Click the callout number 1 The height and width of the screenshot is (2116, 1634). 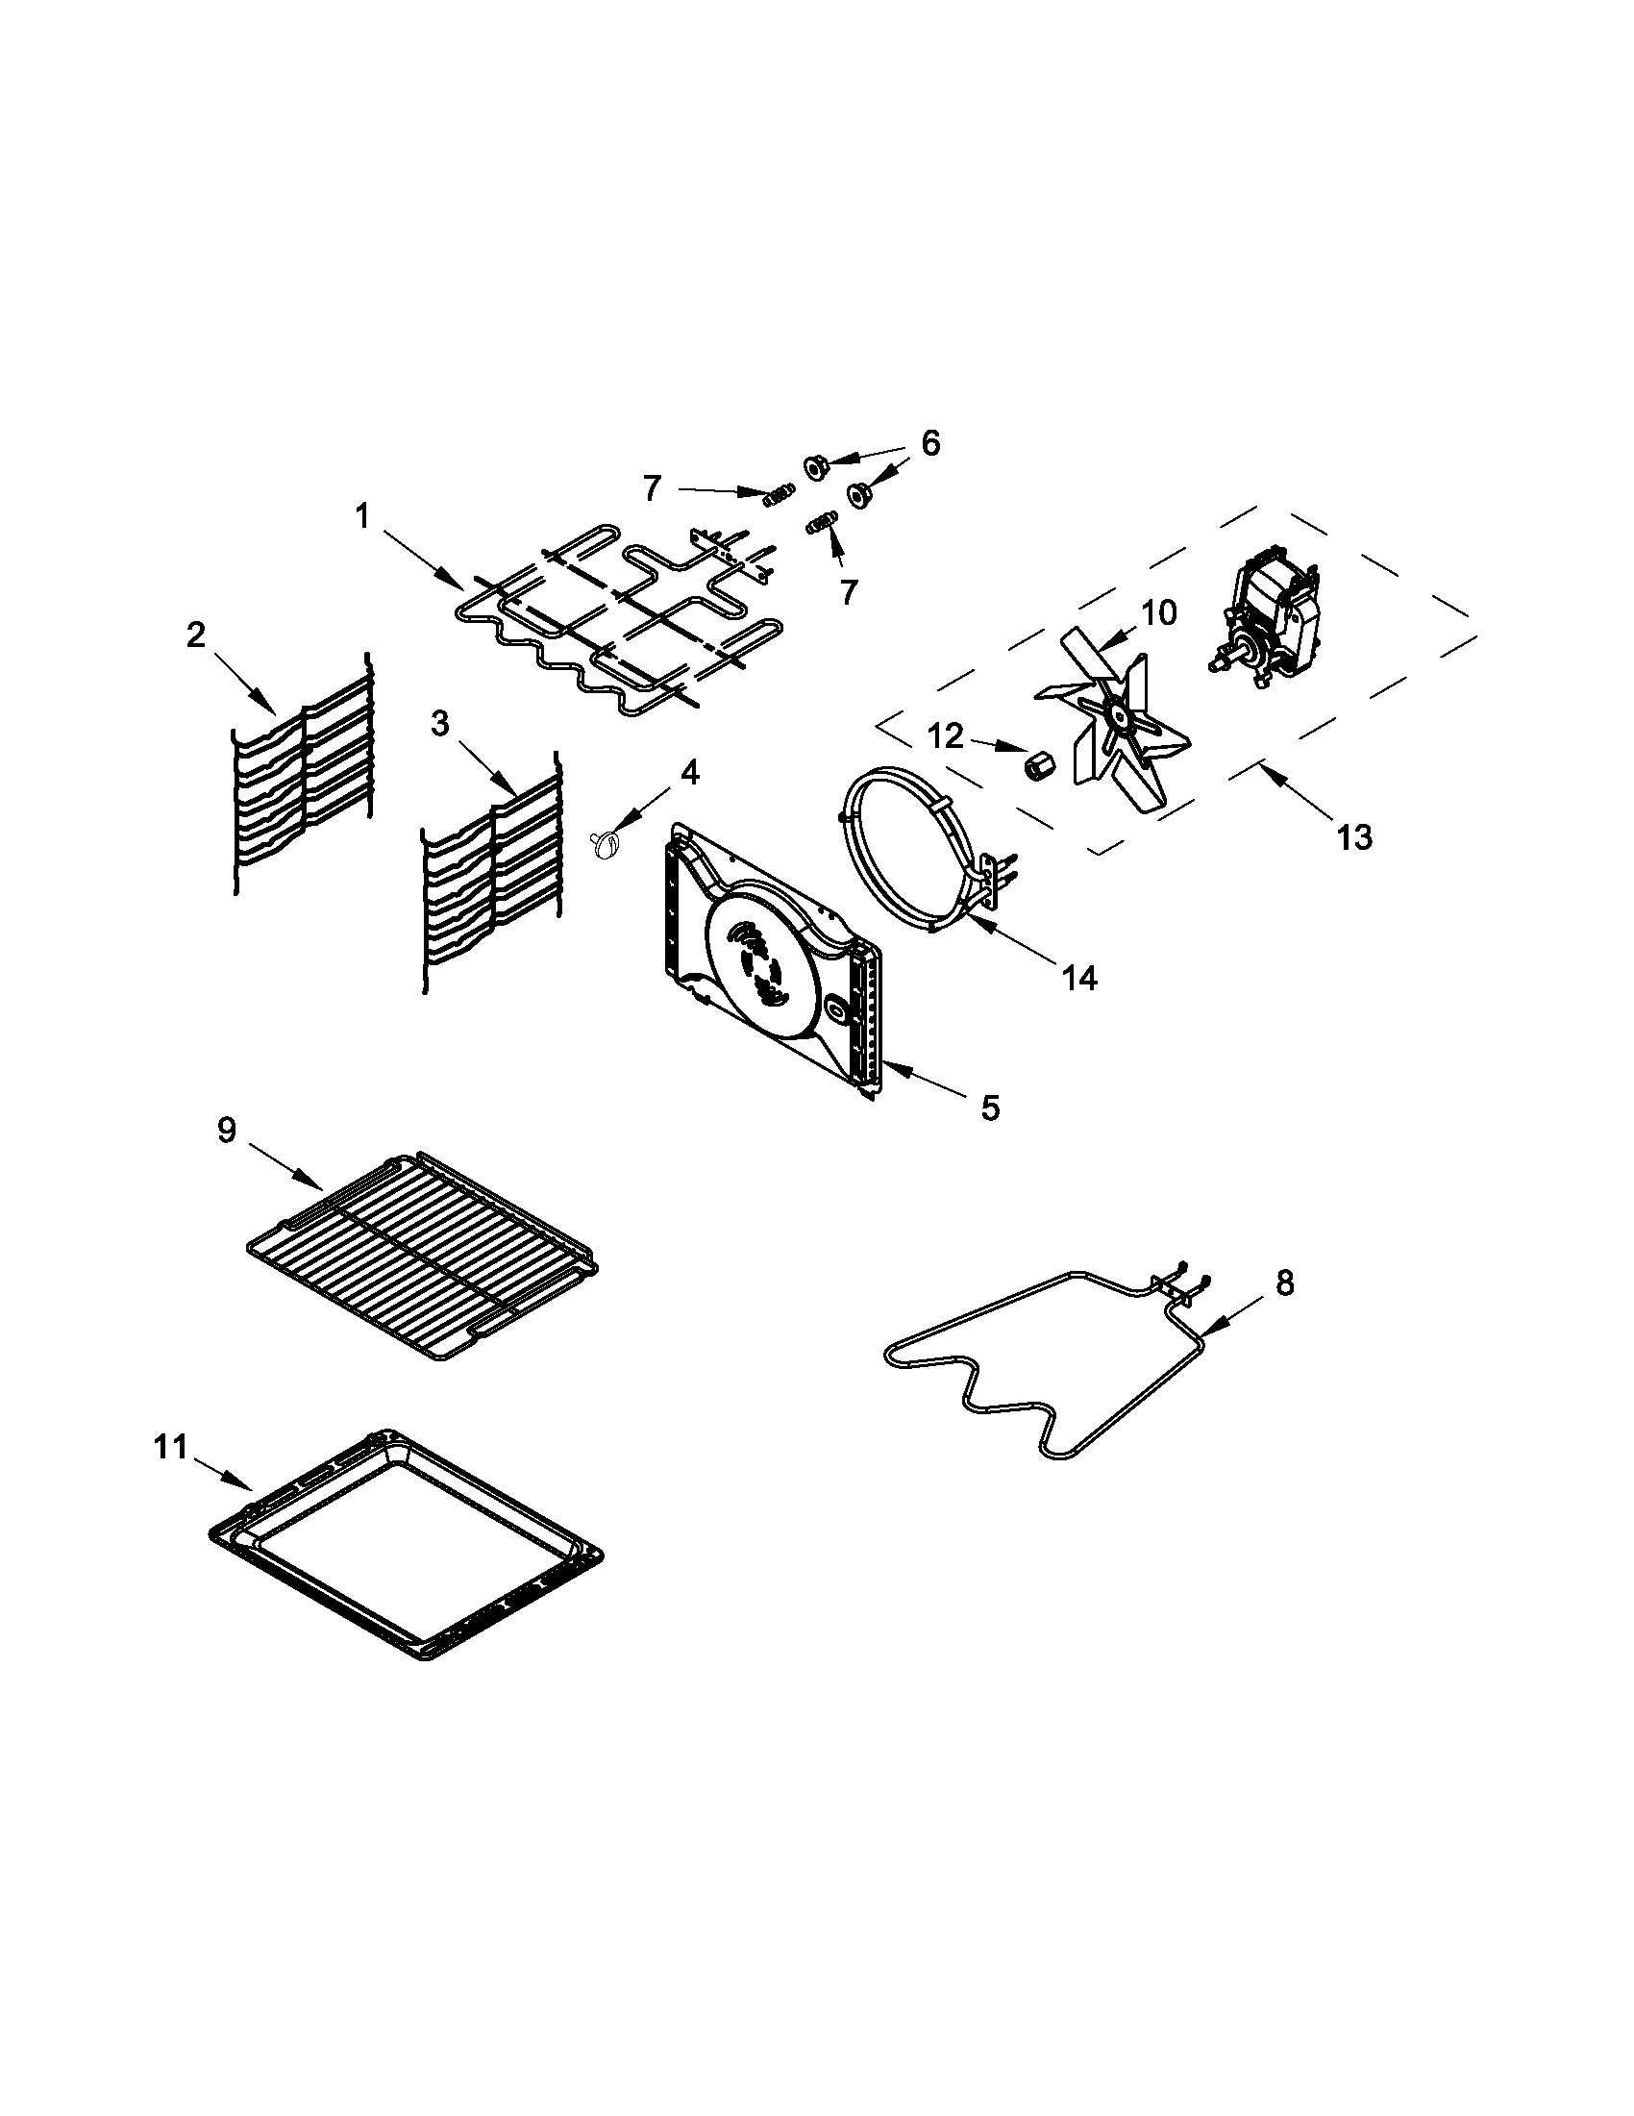click(362, 516)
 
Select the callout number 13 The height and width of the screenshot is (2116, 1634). click(1354, 836)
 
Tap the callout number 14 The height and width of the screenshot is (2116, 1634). click(1079, 978)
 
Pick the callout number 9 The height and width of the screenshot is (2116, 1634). click(226, 1131)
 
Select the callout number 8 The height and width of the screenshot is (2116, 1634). click(1284, 1282)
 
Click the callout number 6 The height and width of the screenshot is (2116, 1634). click(928, 443)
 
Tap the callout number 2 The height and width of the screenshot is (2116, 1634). click(196, 635)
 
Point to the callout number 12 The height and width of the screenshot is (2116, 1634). click(946, 737)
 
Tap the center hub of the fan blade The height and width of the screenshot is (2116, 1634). click(1119, 718)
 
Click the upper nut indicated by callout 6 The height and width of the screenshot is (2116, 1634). click(813, 465)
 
